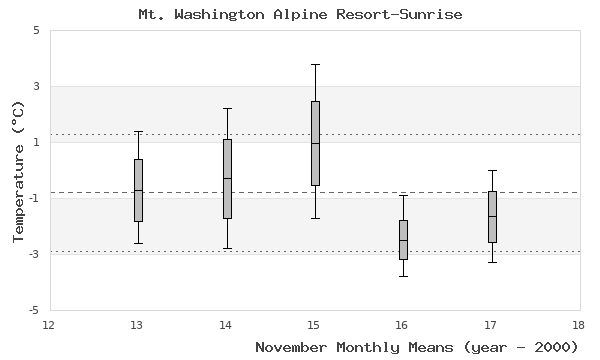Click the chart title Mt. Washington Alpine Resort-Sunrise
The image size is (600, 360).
300,15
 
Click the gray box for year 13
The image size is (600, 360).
138,190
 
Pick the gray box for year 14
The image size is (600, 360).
227,178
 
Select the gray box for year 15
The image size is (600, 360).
315,143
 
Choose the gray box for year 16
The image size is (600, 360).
403,239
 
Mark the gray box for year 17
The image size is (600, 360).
492,216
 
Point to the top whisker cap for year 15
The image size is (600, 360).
315,64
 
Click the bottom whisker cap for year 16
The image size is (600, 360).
403,276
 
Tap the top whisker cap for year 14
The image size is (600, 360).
227,108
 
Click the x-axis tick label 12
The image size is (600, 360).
50,324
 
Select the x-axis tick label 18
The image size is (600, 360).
578,324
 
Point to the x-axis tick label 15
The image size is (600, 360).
314,324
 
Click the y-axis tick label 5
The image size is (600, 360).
36,30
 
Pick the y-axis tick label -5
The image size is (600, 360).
33,310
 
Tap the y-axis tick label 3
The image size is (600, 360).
36,86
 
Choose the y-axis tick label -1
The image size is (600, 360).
33,198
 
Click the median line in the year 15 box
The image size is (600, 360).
315,143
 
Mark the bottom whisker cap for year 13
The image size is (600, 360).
138,243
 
